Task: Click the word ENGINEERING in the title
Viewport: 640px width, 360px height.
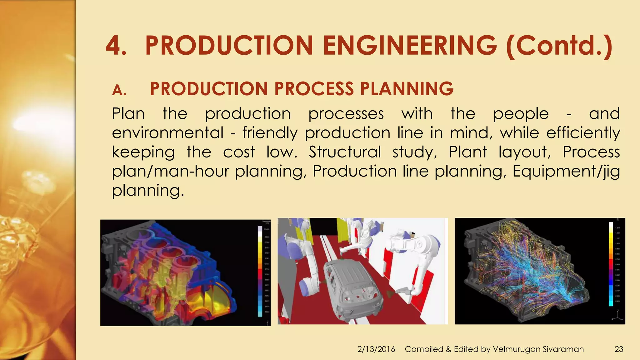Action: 410,46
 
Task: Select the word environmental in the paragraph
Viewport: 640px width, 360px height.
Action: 168,133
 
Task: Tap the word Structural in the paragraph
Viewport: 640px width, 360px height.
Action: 345,152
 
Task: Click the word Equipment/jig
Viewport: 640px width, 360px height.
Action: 566,172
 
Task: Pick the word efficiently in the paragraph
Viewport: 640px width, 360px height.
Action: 583,133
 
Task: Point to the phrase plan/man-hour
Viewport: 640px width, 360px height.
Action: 171,172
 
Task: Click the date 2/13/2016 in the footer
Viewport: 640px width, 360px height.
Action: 376,349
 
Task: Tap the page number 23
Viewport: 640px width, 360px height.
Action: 619,349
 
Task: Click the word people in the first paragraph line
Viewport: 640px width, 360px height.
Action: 521,113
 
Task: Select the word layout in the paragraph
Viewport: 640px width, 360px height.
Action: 525,152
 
